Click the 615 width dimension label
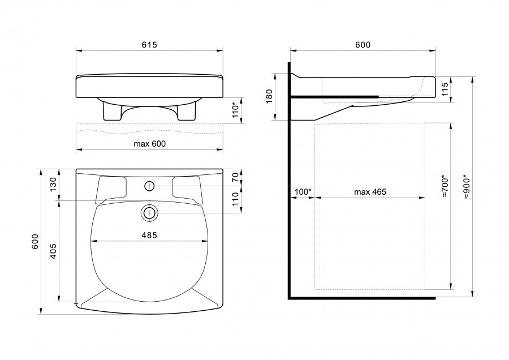coord(149,45)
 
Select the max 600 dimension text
coord(150,144)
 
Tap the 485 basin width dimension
coord(149,235)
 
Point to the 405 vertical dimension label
coord(53,251)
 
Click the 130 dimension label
coord(53,184)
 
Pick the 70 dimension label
coord(235,177)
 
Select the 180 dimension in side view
coord(269,96)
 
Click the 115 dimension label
coord(445,89)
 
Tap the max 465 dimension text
coord(370,192)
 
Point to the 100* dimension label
coord(303,192)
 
